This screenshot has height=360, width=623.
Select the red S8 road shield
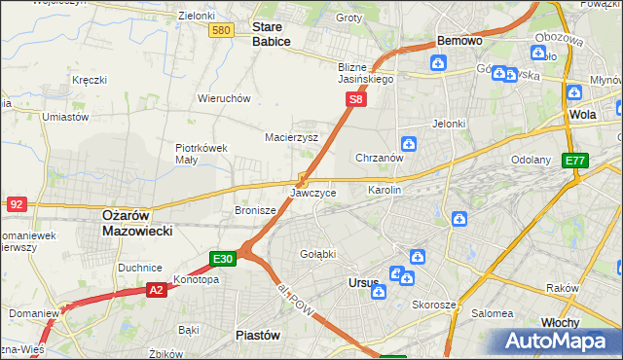tap(357, 99)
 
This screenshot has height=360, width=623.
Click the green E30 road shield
tap(223, 258)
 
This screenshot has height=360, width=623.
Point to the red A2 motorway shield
tap(157, 289)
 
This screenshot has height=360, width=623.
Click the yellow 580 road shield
tap(221, 31)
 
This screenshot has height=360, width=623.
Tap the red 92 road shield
tap(17, 204)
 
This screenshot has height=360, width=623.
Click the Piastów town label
tap(259, 335)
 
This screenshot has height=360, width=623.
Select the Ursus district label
tap(363, 283)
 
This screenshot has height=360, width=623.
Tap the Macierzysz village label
tap(292, 138)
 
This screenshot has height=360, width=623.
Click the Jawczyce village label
tap(313, 193)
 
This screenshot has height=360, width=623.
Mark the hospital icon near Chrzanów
tap(409, 145)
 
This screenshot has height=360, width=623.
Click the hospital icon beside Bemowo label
tap(438, 64)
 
